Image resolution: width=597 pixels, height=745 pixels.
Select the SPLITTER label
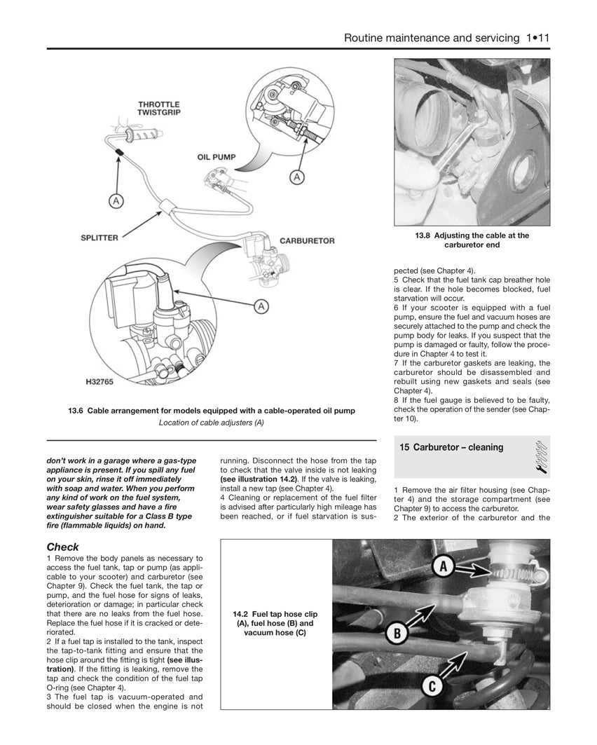pyautogui.click(x=99, y=238)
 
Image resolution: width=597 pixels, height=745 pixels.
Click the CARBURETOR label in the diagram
pyautogui.click(x=306, y=240)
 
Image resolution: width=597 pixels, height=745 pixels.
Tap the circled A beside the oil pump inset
pyautogui.click(x=296, y=178)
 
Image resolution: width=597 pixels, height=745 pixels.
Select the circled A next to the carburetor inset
pyautogui.click(x=261, y=306)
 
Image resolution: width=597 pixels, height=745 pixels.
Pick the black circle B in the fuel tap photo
pyautogui.click(x=397, y=634)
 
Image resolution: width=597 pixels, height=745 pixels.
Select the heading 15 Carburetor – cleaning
pyautogui.click(x=451, y=447)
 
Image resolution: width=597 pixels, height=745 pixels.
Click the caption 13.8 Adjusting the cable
pyautogui.click(x=472, y=240)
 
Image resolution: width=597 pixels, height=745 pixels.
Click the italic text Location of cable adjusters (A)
pyautogui.click(x=211, y=422)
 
